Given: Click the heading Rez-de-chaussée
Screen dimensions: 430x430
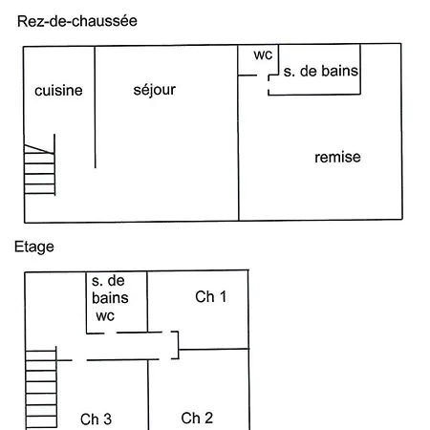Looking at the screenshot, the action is point(77,21).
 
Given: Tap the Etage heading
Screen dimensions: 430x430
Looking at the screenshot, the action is point(34,247).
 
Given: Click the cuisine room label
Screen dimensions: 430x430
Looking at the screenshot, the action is point(58,91).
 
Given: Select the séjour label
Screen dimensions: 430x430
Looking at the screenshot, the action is point(155,90).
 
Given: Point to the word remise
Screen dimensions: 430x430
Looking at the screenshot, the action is point(337,157).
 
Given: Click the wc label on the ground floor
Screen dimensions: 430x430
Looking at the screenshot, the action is point(263,54).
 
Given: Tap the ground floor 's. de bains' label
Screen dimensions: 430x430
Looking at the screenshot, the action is point(321,71).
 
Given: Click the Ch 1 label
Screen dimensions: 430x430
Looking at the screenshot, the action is point(210,297).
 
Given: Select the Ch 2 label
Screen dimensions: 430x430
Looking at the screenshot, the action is point(197,419).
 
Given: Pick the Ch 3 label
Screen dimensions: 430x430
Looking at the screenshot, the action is point(96,419).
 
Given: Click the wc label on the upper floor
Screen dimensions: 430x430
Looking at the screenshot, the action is point(105,316).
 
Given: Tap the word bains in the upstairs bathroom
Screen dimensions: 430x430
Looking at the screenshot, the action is point(110,298).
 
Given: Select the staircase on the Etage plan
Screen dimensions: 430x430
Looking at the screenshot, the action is point(41,388).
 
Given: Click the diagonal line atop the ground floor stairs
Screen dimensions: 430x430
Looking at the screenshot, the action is point(39,149).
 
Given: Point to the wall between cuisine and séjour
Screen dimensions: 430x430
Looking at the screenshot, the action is point(95,107).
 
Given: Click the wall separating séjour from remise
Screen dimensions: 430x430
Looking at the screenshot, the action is point(238,133).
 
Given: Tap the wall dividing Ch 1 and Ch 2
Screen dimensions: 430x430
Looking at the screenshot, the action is point(214,349).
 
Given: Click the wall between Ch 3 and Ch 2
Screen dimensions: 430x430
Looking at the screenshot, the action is point(148,395).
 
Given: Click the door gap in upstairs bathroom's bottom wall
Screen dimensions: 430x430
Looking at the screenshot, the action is point(111,333).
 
